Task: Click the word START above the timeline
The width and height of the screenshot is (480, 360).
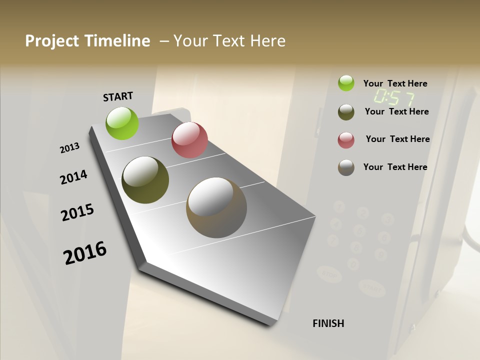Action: (118, 96)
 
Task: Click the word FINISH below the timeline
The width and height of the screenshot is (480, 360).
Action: (328, 323)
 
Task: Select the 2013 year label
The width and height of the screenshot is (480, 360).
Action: (69, 148)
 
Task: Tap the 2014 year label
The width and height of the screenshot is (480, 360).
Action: (73, 177)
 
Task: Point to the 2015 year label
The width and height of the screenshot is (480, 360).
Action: (77, 212)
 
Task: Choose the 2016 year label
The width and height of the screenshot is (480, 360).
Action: (85, 253)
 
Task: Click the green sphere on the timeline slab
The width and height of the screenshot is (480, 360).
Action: (122, 123)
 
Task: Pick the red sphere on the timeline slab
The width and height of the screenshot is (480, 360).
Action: (189, 140)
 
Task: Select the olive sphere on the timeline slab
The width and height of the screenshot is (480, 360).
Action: (145, 180)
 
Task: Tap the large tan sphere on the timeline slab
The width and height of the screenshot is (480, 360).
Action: (216, 207)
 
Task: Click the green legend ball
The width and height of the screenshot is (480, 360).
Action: (346, 83)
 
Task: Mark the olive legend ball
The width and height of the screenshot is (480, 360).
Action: (346, 112)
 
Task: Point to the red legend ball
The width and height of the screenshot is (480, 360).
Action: (346, 140)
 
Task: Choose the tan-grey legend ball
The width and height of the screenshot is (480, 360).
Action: (346, 167)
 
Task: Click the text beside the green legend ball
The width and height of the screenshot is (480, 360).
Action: (395, 83)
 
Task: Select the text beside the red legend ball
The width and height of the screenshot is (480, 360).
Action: (397, 139)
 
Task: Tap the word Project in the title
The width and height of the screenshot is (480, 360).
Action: (52, 41)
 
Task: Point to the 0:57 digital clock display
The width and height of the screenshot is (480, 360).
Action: (393, 97)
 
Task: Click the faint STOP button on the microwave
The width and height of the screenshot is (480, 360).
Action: (329, 274)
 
